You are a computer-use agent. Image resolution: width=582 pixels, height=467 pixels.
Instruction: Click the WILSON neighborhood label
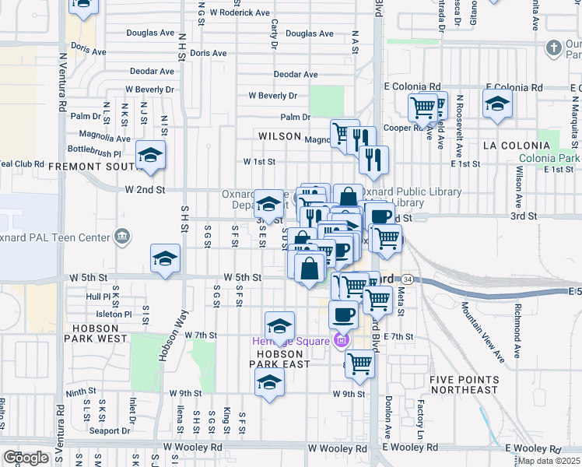tap(279, 136)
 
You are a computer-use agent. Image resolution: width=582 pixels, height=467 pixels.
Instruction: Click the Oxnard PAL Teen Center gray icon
tap(121, 236)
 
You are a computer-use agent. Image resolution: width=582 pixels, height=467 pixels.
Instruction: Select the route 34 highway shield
tap(408, 279)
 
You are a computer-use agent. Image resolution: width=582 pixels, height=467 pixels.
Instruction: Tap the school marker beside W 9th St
tap(269, 382)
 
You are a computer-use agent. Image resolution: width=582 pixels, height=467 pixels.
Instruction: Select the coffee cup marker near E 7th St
tap(342, 314)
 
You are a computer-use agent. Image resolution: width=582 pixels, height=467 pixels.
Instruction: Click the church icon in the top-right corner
tap(553, 48)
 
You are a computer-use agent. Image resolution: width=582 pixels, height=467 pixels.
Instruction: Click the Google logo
tap(26, 458)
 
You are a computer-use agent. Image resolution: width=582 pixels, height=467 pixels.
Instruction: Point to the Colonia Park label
tap(550, 157)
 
